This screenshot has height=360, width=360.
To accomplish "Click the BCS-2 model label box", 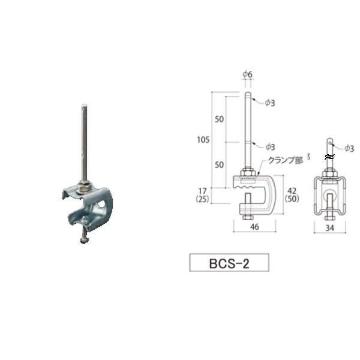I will (229, 263).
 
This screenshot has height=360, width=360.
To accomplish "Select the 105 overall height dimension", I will (202, 140).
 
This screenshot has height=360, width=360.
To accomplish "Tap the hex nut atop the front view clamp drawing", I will (247, 174).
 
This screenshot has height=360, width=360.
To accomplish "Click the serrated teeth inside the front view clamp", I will (247, 187).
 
